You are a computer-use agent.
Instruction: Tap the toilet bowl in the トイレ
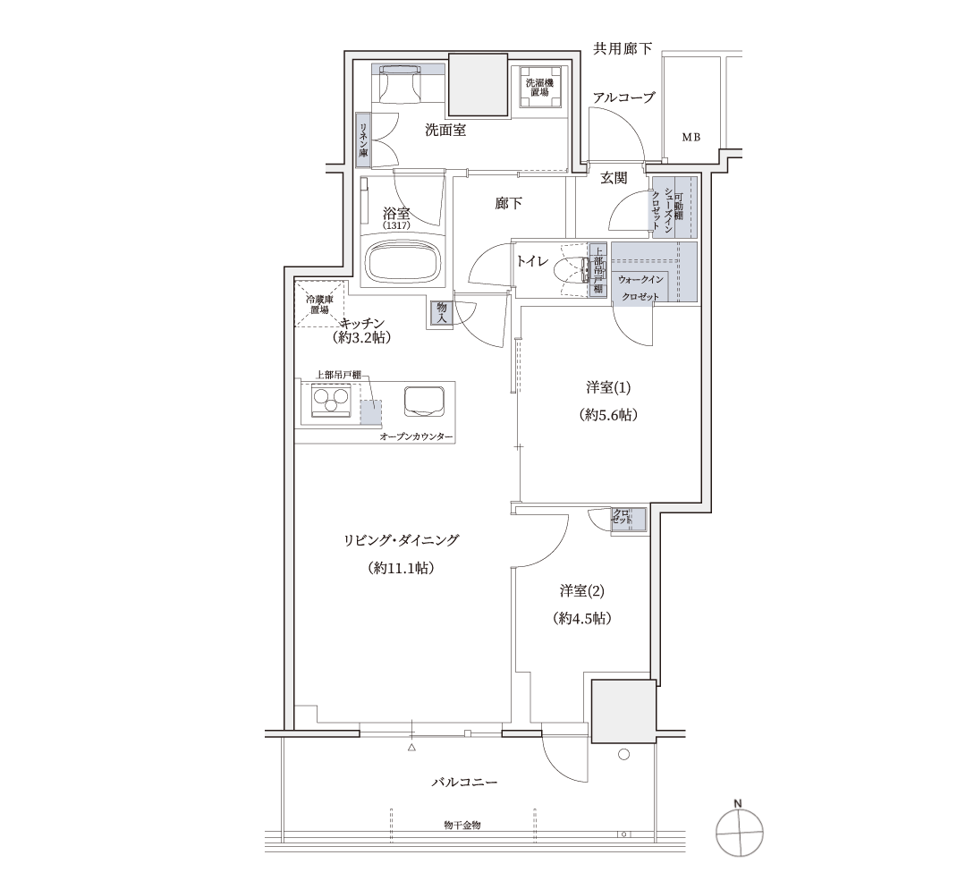point(571,270)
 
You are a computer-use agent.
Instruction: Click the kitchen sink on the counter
point(425,400)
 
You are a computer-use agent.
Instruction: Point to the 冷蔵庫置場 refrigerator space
point(319,304)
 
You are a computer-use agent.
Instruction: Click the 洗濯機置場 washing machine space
point(539,88)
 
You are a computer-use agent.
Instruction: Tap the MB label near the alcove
point(691,138)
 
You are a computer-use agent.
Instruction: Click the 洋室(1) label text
point(608,387)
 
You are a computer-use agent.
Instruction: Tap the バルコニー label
point(464,782)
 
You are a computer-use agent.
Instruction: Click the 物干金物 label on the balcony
point(462,825)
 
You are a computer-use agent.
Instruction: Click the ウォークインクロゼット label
point(641,288)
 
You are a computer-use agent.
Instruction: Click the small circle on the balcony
point(623,754)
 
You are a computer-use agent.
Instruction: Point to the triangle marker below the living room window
point(411,748)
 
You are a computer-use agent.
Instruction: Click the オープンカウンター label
point(417,436)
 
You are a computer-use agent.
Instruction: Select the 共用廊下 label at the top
point(623,48)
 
